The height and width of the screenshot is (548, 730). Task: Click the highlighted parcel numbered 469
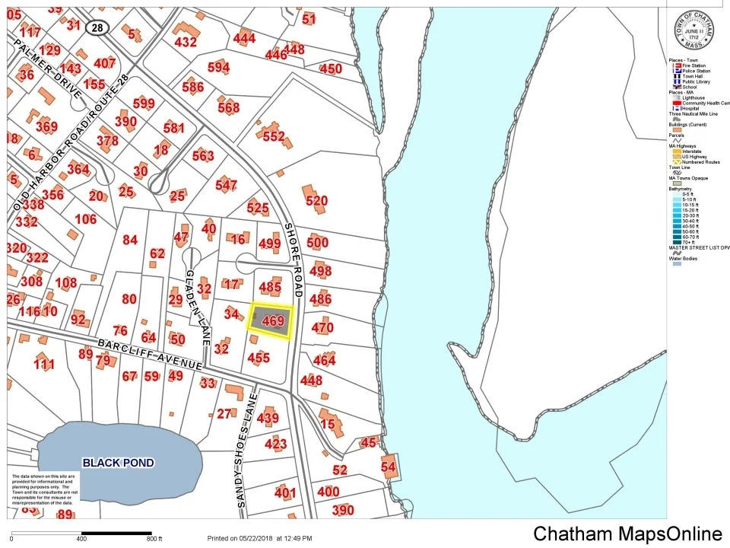271,322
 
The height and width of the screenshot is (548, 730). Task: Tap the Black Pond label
118,463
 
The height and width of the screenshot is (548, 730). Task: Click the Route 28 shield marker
97,27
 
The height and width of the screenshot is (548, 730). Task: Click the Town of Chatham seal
695,33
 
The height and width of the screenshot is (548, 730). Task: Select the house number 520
316,201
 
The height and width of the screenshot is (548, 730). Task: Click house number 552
274,137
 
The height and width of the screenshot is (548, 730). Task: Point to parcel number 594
218,68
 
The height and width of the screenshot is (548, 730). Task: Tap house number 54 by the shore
389,467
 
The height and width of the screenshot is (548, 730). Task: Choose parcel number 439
268,418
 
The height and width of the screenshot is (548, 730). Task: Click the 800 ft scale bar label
155,539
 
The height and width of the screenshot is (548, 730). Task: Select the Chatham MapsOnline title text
627,534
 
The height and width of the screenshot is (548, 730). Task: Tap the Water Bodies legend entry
683,258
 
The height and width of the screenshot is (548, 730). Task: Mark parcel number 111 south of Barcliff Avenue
44,365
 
